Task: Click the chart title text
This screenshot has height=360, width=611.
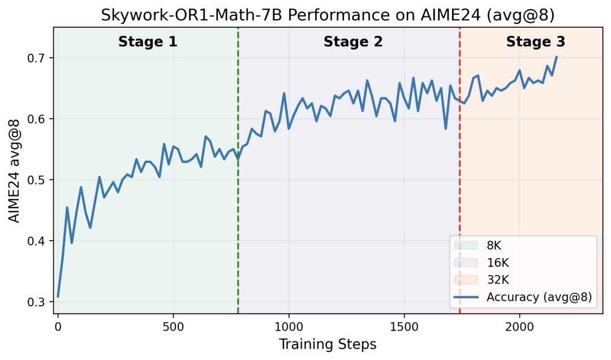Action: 328,15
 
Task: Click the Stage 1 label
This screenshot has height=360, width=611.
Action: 148,42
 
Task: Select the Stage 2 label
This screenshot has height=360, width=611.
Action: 353,42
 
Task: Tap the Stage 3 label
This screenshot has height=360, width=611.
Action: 535,42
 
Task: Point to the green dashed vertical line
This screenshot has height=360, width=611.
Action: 238,170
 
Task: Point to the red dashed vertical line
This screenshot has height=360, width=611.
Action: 459,170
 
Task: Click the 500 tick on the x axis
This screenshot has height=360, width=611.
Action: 173,327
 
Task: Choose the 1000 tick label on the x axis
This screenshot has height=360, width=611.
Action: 289,327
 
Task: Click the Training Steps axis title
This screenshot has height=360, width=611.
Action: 328,344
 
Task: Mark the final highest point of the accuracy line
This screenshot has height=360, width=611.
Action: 557,57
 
